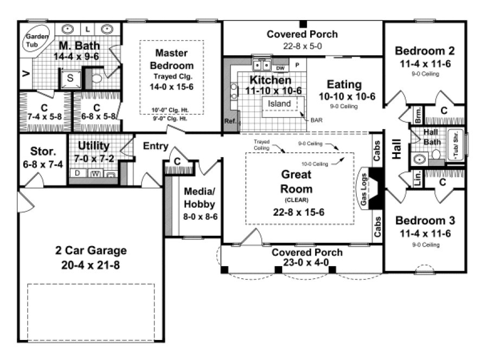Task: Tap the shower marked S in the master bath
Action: click(70, 78)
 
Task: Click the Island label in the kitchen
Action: click(280, 104)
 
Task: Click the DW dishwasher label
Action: click(280, 68)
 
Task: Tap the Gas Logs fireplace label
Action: click(364, 192)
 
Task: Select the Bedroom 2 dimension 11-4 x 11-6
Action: click(425, 63)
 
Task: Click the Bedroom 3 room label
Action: click(425, 221)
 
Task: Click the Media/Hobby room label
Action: click(201, 198)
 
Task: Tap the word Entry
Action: click(155, 146)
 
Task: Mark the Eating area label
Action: click(344, 85)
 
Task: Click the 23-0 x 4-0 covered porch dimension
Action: click(307, 262)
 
